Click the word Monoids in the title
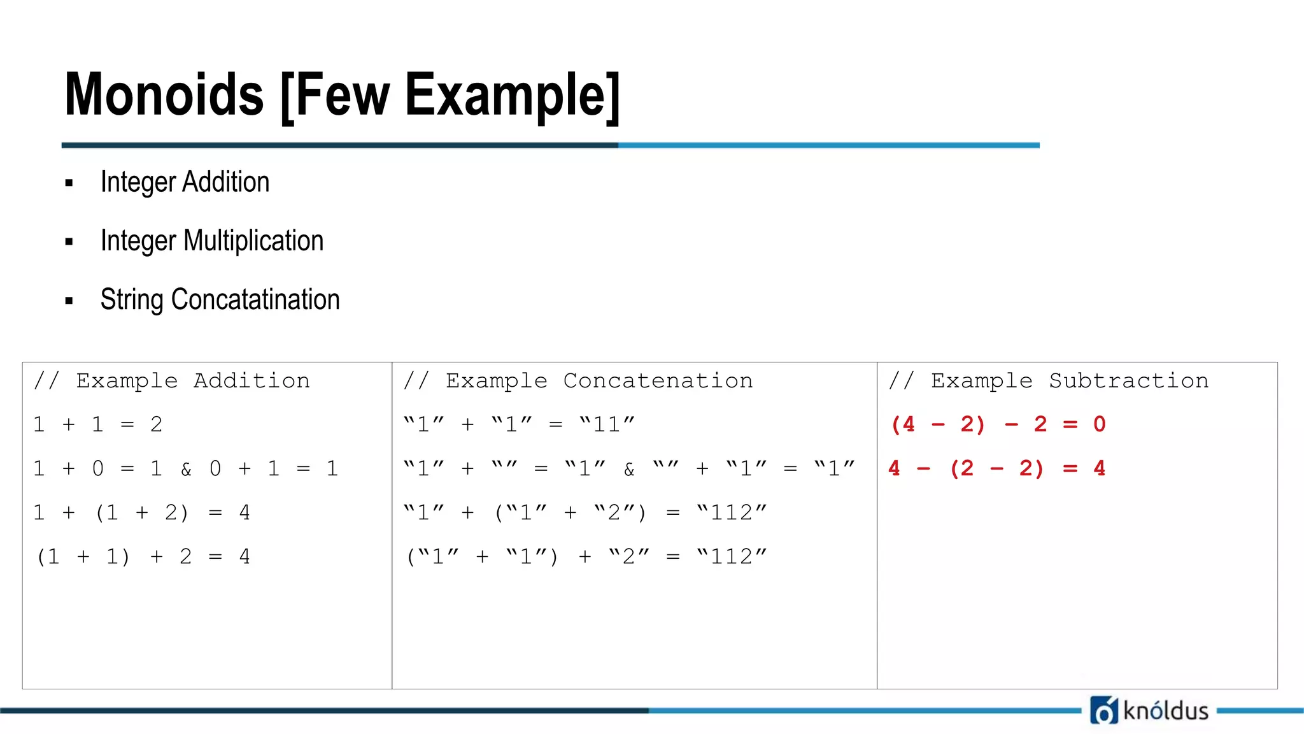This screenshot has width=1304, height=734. [x=164, y=95]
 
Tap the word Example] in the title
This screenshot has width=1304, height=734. [x=512, y=95]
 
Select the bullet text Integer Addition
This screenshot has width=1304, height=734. [x=185, y=182]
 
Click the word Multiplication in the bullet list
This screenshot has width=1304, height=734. [x=253, y=241]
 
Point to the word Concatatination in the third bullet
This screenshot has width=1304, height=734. [x=255, y=299]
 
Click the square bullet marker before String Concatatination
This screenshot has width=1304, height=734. [x=69, y=301]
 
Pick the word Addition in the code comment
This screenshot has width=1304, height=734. [x=252, y=381]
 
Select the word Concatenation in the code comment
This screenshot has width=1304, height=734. [x=658, y=381]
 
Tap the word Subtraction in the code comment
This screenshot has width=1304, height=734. [x=1128, y=381]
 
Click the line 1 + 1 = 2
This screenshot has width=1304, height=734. [x=98, y=425]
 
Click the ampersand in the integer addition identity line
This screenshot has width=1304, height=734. [x=186, y=470]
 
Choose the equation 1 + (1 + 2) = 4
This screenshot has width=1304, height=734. [x=141, y=513]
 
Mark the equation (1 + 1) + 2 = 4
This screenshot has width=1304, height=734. [x=143, y=557]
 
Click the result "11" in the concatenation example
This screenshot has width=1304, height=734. [x=607, y=425]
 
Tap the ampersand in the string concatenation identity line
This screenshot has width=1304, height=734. [x=629, y=470]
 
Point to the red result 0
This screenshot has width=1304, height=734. [x=1099, y=425]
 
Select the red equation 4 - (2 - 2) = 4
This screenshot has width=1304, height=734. [x=996, y=469]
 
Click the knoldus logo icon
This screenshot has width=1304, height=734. [x=1103, y=710]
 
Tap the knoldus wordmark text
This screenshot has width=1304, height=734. [x=1166, y=710]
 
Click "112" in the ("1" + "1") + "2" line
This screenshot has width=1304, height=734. [x=732, y=557]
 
